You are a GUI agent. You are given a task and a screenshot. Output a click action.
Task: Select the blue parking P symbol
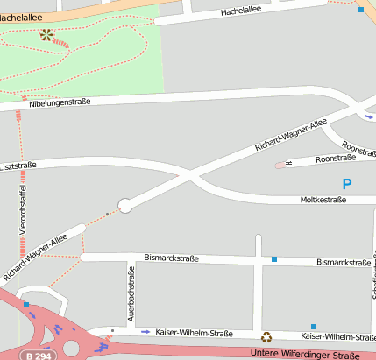pyautogui.click(x=346, y=184)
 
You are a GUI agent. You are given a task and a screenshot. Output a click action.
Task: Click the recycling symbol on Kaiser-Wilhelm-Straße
pyautogui.click(x=266, y=335)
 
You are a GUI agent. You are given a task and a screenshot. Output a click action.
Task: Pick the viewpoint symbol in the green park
pyautogui.click(x=46, y=36)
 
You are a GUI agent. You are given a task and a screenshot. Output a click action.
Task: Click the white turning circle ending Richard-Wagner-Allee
pyautogui.click(x=124, y=205)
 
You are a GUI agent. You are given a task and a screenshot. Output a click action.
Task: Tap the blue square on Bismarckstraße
pyautogui.click(x=274, y=259)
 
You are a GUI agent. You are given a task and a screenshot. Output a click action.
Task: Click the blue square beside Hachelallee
pyautogui.click(x=361, y=10)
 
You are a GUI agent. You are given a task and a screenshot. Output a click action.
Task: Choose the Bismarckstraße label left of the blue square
pyautogui.click(x=171, y=259)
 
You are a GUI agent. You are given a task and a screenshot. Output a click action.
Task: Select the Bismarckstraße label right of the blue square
pyautogui.click(x=344, y=262)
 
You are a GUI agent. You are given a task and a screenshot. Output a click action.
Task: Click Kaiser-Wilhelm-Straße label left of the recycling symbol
pyautogui.click(x=194, y=334)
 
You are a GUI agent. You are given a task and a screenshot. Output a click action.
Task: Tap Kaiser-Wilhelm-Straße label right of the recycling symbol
pyautogui.click(x=338, y=336)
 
